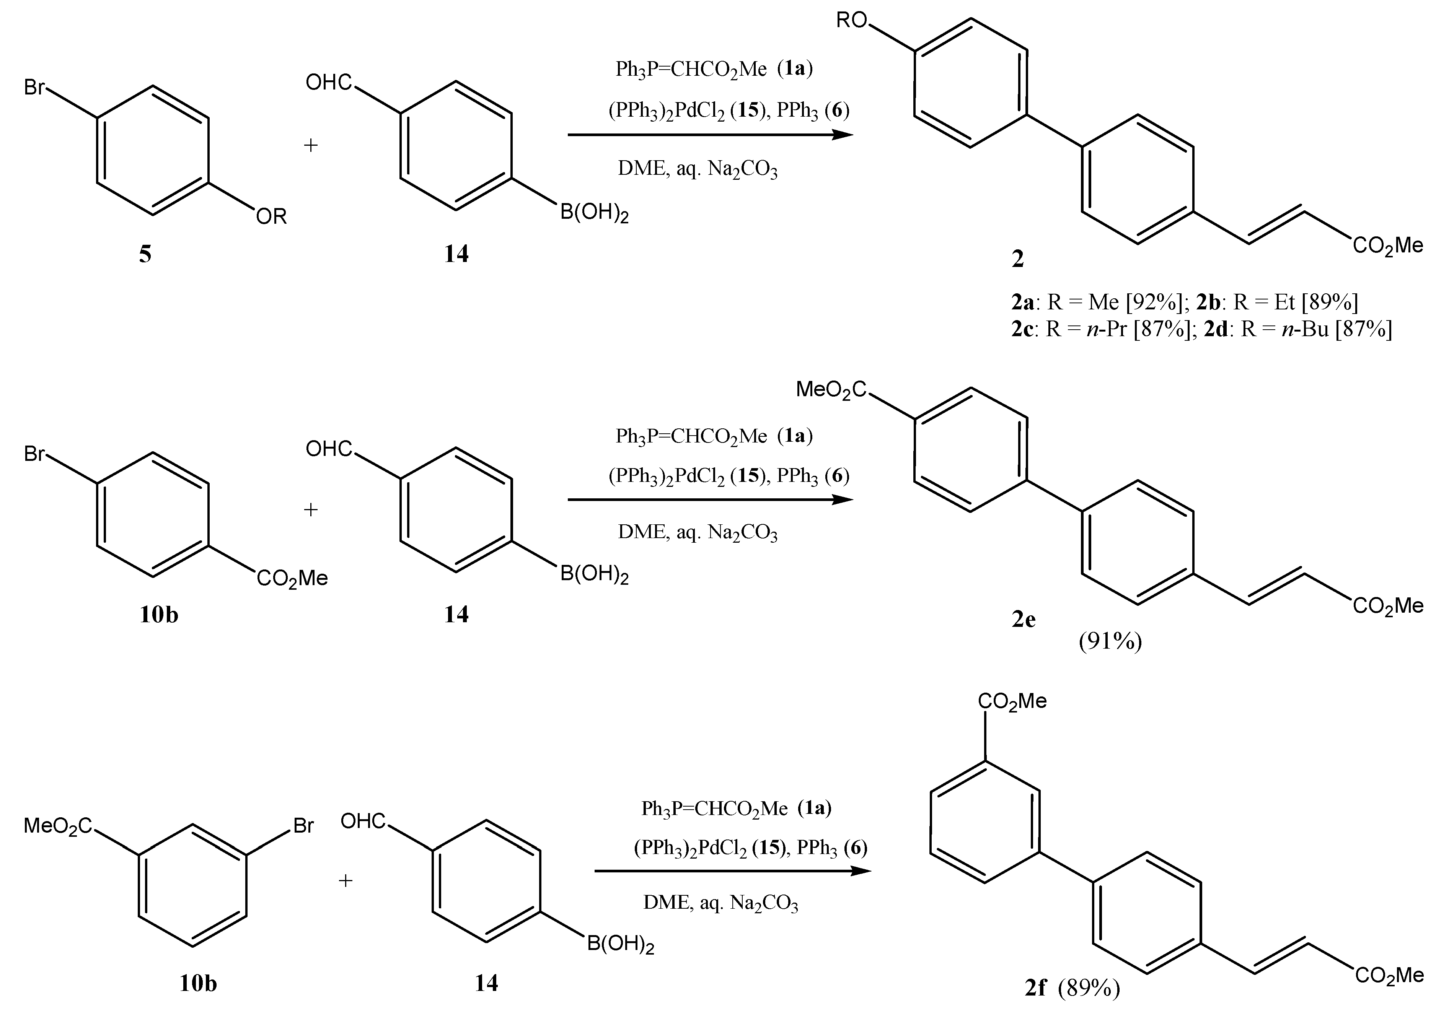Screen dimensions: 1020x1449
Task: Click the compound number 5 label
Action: coord(145,254)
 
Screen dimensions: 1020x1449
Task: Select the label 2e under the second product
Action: coord(1024,620)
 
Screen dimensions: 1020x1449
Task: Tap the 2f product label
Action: coord(1036,987)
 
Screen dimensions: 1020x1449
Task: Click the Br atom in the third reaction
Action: coord(303,825)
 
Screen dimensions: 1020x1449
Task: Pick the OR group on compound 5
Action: coord(271,217)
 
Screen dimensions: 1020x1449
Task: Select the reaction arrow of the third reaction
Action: coord(732,871)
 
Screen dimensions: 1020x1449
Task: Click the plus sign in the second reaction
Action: coord(311,509)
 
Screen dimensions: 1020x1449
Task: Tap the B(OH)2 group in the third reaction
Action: coord(620,944)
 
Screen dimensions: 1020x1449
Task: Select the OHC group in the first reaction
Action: coord(329,82)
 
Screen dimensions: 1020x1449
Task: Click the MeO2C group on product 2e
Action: coord(831,390)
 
